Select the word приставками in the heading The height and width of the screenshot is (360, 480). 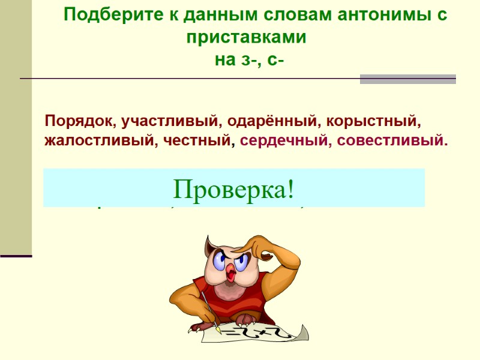[x=246, y=37]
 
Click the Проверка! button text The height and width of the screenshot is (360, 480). [x=234, y=190]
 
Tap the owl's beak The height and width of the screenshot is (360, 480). [x=232, y=272]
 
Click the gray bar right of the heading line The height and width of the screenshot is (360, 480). [x=407, y=79]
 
